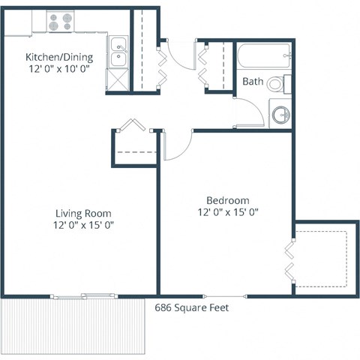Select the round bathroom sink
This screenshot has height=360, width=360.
point(280,115)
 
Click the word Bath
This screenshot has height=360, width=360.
point(253,82)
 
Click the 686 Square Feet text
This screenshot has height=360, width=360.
point(192,307)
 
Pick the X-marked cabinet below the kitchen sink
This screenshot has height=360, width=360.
point(118,79)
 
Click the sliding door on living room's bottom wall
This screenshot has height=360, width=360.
point(84,296)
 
